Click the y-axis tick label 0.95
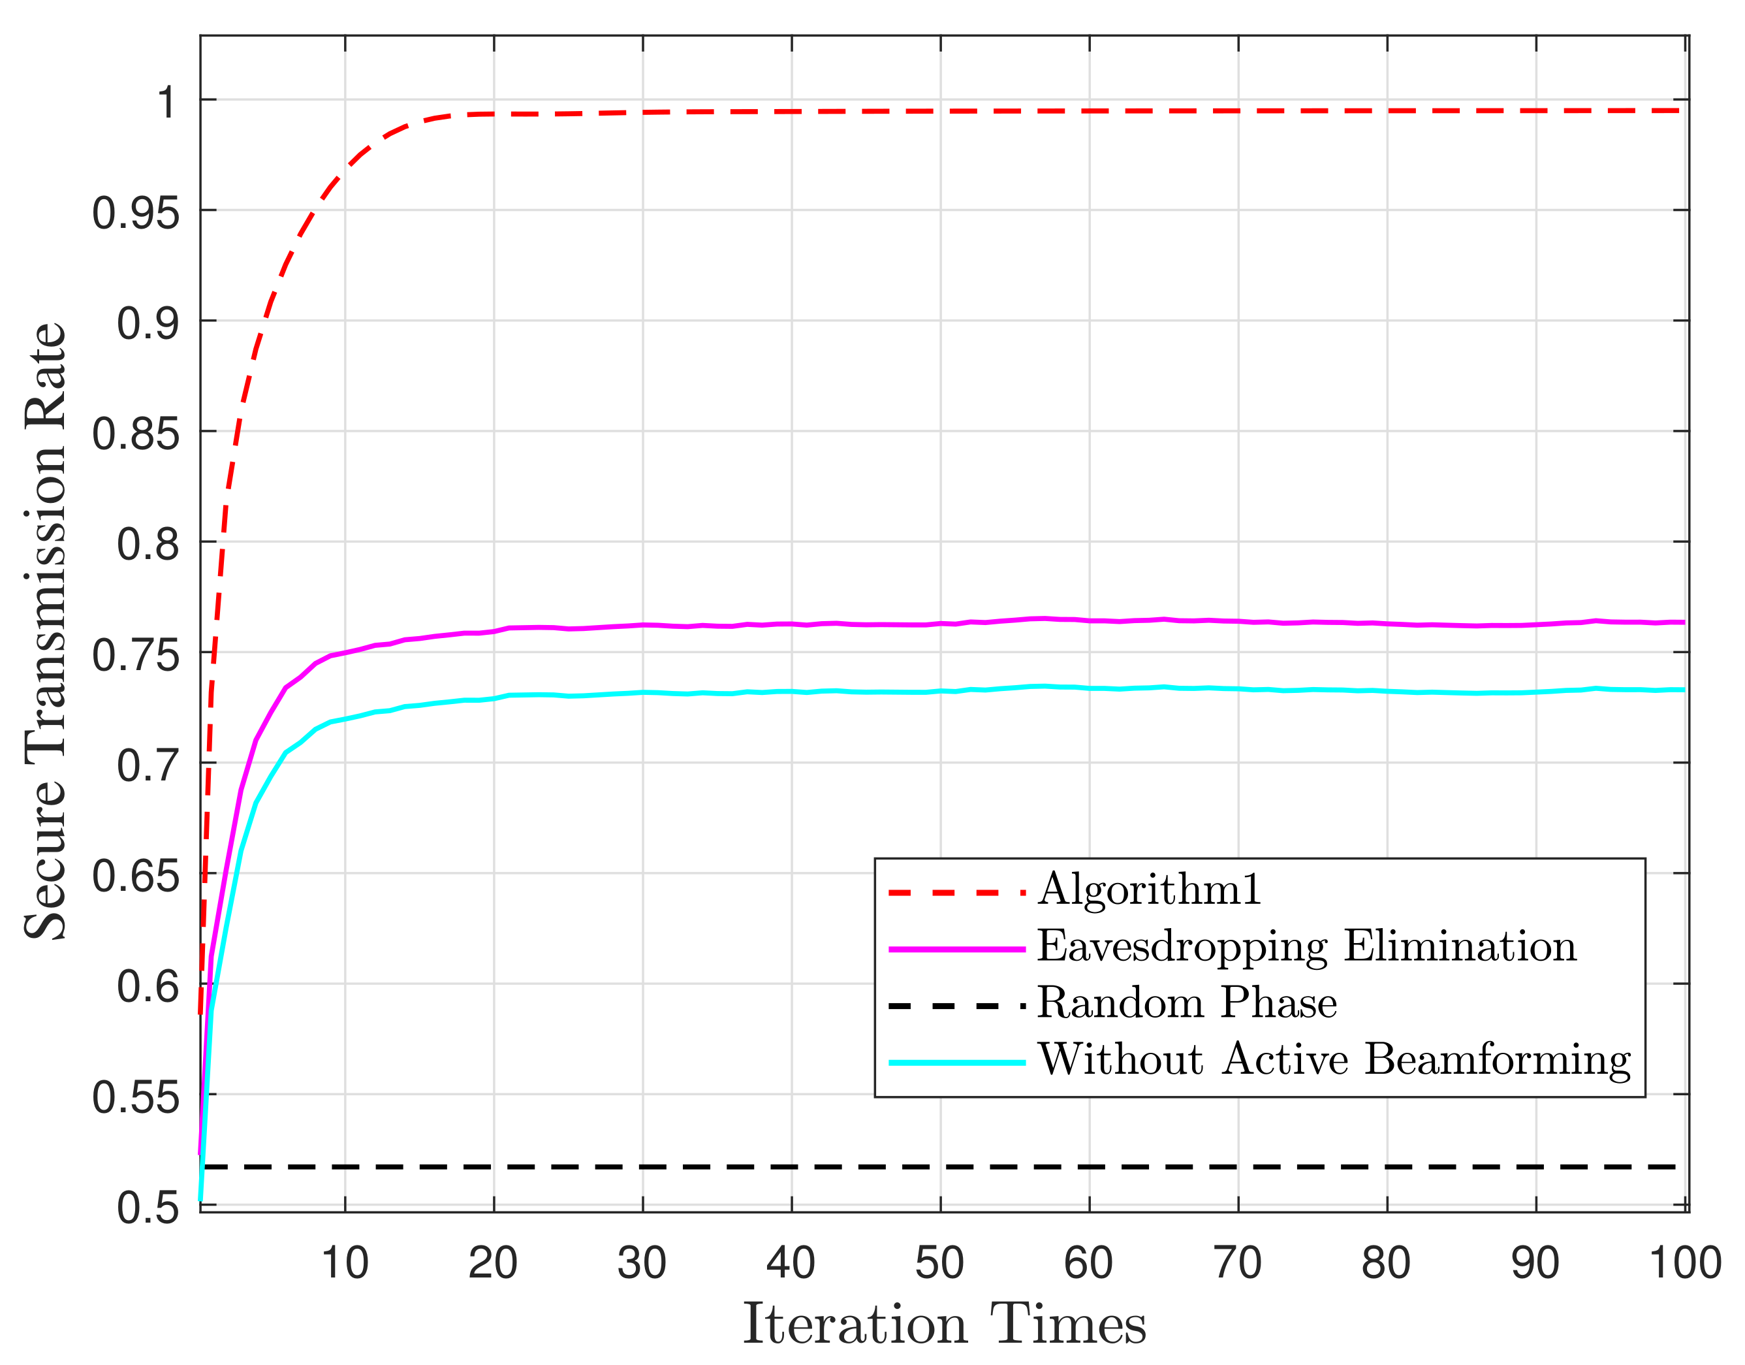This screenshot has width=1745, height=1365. point(135,214)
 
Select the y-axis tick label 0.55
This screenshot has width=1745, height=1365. point(135,1098)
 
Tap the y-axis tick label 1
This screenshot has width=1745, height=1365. point(167,104)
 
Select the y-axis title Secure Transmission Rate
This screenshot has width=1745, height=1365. point(45,632)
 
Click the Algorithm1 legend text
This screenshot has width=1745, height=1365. point(1150,889)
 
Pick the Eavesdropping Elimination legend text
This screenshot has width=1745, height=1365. point(1306,946)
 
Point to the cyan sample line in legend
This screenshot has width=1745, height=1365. point(956,1063)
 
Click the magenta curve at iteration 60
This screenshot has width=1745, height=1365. point(1089,620)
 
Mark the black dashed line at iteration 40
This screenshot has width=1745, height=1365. point(791,1168)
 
